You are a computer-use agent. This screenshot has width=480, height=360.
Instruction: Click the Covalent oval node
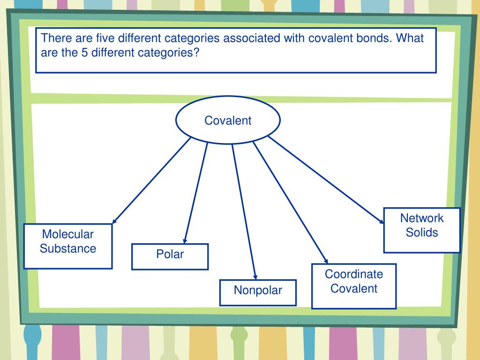228,120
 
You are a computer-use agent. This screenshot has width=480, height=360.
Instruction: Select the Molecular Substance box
68,246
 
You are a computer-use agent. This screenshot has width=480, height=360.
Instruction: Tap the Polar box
170,256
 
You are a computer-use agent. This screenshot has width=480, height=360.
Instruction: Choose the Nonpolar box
258,292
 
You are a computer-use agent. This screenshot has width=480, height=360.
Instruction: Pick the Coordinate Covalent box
354,286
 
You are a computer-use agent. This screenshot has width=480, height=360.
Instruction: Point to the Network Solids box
422,230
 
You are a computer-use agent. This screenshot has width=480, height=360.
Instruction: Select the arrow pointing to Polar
196,192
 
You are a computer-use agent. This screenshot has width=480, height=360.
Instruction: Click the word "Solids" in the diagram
422,232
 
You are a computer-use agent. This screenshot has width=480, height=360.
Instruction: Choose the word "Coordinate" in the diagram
354,274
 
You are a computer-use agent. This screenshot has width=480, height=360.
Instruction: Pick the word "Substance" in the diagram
68,248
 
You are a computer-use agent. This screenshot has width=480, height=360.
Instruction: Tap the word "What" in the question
410,38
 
